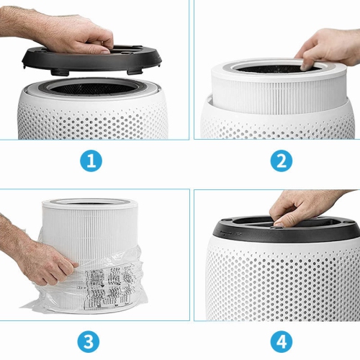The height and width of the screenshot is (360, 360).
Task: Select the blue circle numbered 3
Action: [90, 341]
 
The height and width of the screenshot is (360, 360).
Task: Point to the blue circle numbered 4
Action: [282, 341]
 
